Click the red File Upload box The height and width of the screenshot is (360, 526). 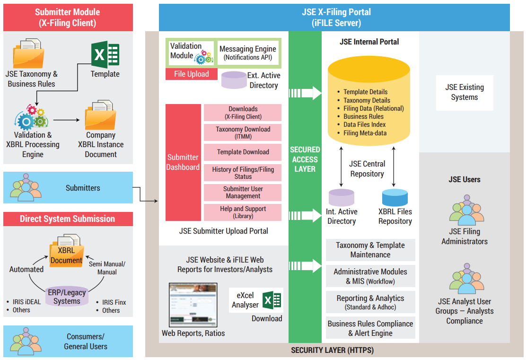click(x=191, y=74)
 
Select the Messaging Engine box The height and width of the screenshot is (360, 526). click(x=247, y=53)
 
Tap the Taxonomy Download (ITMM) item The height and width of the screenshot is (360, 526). click(x=243, y=132)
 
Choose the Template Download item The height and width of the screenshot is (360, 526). click(x=243, y=152)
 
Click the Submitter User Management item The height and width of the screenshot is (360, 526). click(x=243, y=192)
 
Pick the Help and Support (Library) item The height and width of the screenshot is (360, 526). click(x=243, y=212)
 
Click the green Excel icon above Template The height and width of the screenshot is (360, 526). click(x=105, y=54)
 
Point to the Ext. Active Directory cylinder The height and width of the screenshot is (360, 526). click(x=234, y=80)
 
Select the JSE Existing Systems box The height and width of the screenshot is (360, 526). click(x=464, y=93)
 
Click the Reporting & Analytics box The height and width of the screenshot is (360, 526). click(x=370, y=302)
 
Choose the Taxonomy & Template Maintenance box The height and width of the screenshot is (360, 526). click(x=370, y=250)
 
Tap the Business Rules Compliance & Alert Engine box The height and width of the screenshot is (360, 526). click(x=370, y=328)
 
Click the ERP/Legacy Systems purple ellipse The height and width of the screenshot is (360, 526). click(x=67, y=296)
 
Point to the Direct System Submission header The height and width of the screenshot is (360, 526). click(x=68, y=219)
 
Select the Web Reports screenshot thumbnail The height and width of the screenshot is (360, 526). click(x=193, y=305)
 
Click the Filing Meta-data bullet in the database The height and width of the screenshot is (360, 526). click(x=365, y=133)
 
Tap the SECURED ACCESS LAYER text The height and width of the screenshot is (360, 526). click(x=305, y=159)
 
